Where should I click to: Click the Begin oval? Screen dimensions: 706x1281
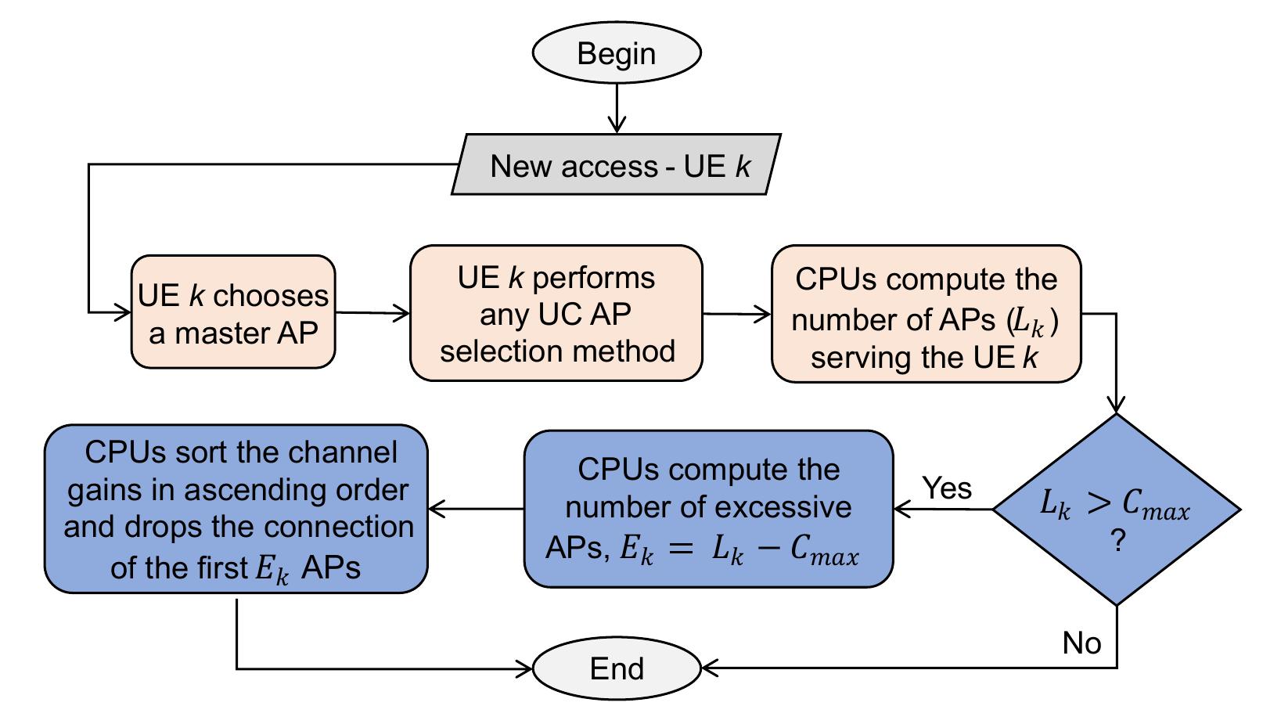click(616, 53)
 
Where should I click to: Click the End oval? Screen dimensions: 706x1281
click(616, 668)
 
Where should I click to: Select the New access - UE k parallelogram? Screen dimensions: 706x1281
click(616, 165)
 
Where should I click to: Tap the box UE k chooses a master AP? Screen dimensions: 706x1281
click(233, 312)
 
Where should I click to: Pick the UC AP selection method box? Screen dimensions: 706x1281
click(556, 313)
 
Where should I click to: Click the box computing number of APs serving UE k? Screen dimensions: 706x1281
click(926, 314)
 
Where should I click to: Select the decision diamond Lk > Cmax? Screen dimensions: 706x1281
click(1116, 510)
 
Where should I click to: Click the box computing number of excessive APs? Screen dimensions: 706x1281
click(707, 509)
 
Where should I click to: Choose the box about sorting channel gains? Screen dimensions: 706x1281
click(236, 509)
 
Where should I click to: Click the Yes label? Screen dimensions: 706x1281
click(947, 488)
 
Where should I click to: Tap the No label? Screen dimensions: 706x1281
click(1081, 643)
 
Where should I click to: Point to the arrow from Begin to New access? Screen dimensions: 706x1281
click(617, 106)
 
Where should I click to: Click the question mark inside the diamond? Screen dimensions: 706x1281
click(1117, 542)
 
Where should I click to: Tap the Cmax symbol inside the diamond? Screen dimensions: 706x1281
click(1155, 506)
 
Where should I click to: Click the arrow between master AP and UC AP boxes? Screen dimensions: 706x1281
click(372, 313)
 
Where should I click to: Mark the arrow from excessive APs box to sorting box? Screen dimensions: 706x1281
click(476, 510)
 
